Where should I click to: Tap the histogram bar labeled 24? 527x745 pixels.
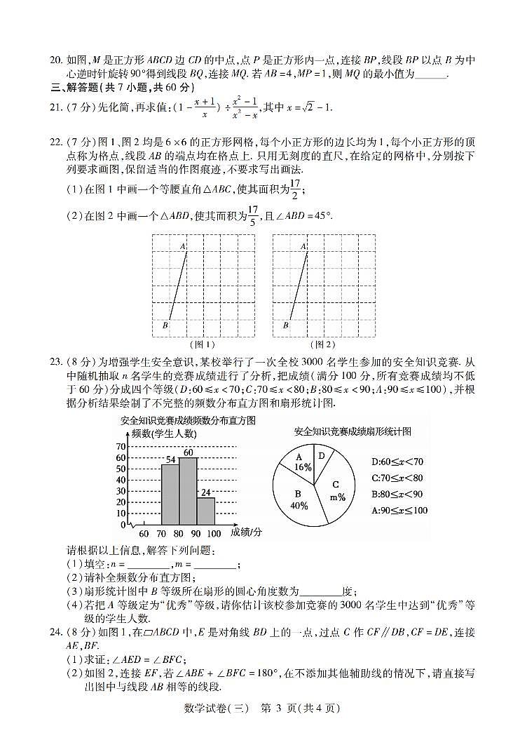[205, 511]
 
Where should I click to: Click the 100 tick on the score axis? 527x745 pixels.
[214, 534]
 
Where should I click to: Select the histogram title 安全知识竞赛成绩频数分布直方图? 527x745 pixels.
[177, 420]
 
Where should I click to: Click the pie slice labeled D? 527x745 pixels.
[321, 455]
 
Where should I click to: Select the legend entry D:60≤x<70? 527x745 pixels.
[397, 462]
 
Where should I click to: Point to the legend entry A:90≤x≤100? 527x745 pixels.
[399, 510]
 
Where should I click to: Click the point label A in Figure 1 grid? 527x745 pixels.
[182, 246]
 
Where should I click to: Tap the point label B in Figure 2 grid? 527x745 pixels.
[285, 325]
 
